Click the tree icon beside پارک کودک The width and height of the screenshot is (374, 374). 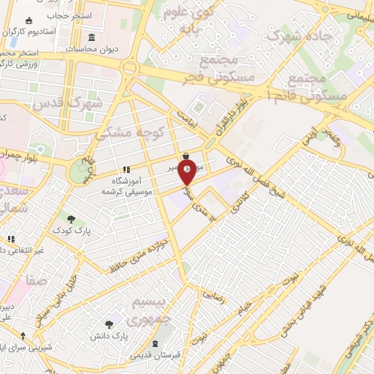pyautogui.click(x=71, y=218)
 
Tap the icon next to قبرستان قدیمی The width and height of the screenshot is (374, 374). pyautogui.click(x=155, y=343)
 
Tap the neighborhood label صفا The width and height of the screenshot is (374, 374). pyautogui.click(x=34, y=279)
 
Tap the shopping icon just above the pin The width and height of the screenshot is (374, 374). pyautogui.click(x=188, y=156)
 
